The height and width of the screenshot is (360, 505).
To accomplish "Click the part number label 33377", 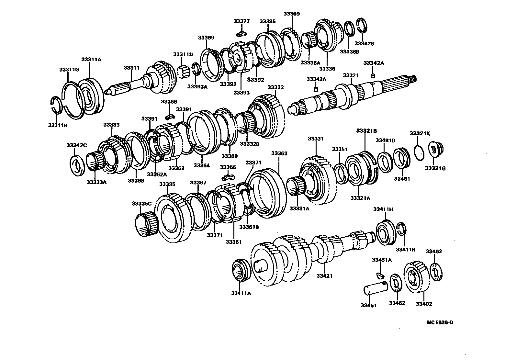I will tap(241, 21).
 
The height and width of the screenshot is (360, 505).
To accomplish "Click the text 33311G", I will tap(69, 70).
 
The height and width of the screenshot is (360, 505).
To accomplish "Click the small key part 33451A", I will tap(380, 275).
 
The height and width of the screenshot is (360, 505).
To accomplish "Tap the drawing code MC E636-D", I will tap(440, 322).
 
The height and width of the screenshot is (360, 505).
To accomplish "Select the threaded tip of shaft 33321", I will tap(413, 79).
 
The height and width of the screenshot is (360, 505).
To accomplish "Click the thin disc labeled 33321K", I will tap(419, 152).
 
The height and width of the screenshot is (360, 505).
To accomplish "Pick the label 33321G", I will tap(435, 168).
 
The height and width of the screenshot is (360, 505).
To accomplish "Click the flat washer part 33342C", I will tap(77, 165).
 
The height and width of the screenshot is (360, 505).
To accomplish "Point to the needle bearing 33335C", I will tap(146, 225).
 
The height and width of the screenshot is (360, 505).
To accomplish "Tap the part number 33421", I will tap(324, 276).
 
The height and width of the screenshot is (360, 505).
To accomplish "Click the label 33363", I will tap(279, 153).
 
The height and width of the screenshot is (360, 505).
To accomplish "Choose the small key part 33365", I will tap(228, 177).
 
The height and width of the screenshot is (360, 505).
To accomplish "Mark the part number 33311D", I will tap(183, 54).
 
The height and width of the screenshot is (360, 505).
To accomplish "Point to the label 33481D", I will tap(385, 140).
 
